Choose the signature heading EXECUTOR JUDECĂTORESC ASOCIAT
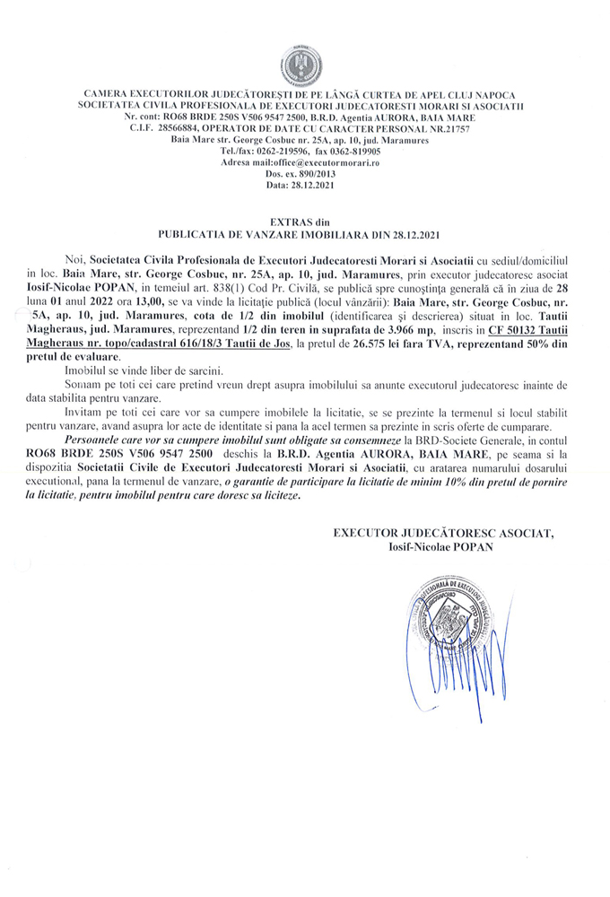click(x=443, y=534)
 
